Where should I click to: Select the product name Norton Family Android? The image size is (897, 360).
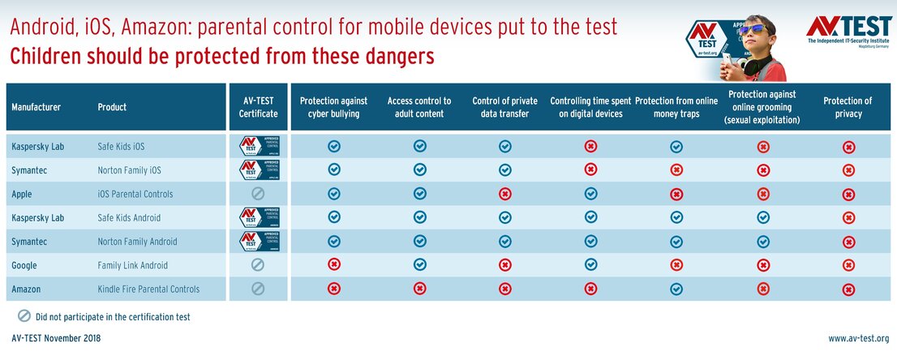pyautogui.click(x=137, y=242)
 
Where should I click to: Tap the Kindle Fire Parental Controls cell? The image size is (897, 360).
pyautogui.click(x=148, y=289)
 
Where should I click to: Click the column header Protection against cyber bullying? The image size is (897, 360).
pyautogui.click(x=333, y=107)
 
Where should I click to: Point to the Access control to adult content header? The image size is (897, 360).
pyautogui.click(x=419, y=107)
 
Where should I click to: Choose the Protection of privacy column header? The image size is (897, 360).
pyautogui.click(x=848, y=107)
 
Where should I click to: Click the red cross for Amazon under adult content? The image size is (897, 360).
pyautogui.click(x=419, y=289)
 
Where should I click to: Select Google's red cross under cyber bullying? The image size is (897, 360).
pyautogui.click(x=333, y=265)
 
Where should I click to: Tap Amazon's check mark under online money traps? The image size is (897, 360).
pyautogui.click(x=676, y=289)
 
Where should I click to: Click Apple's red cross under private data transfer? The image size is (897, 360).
pyautogui.click(x=505, y=194)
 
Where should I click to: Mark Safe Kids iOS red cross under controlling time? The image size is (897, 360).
pyautogui.click(x=591, y=147)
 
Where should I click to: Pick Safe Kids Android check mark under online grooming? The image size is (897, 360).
pyautogui.click(x=762, y=217)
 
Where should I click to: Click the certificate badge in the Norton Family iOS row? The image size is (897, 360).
pyautogui.click(x=257, y=170)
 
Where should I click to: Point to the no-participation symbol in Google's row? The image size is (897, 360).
pyautogui.click(x=257, y=265)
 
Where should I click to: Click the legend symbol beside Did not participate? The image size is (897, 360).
pyautogui.click(x=24, y=316)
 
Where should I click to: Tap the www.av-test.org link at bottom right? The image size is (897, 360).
pyautogui.click(x=858, y=338)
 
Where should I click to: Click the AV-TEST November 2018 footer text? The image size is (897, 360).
pyautogui.click(x=57, y=338)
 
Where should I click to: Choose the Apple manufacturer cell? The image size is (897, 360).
pyautogui.click(x=22, y=194)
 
